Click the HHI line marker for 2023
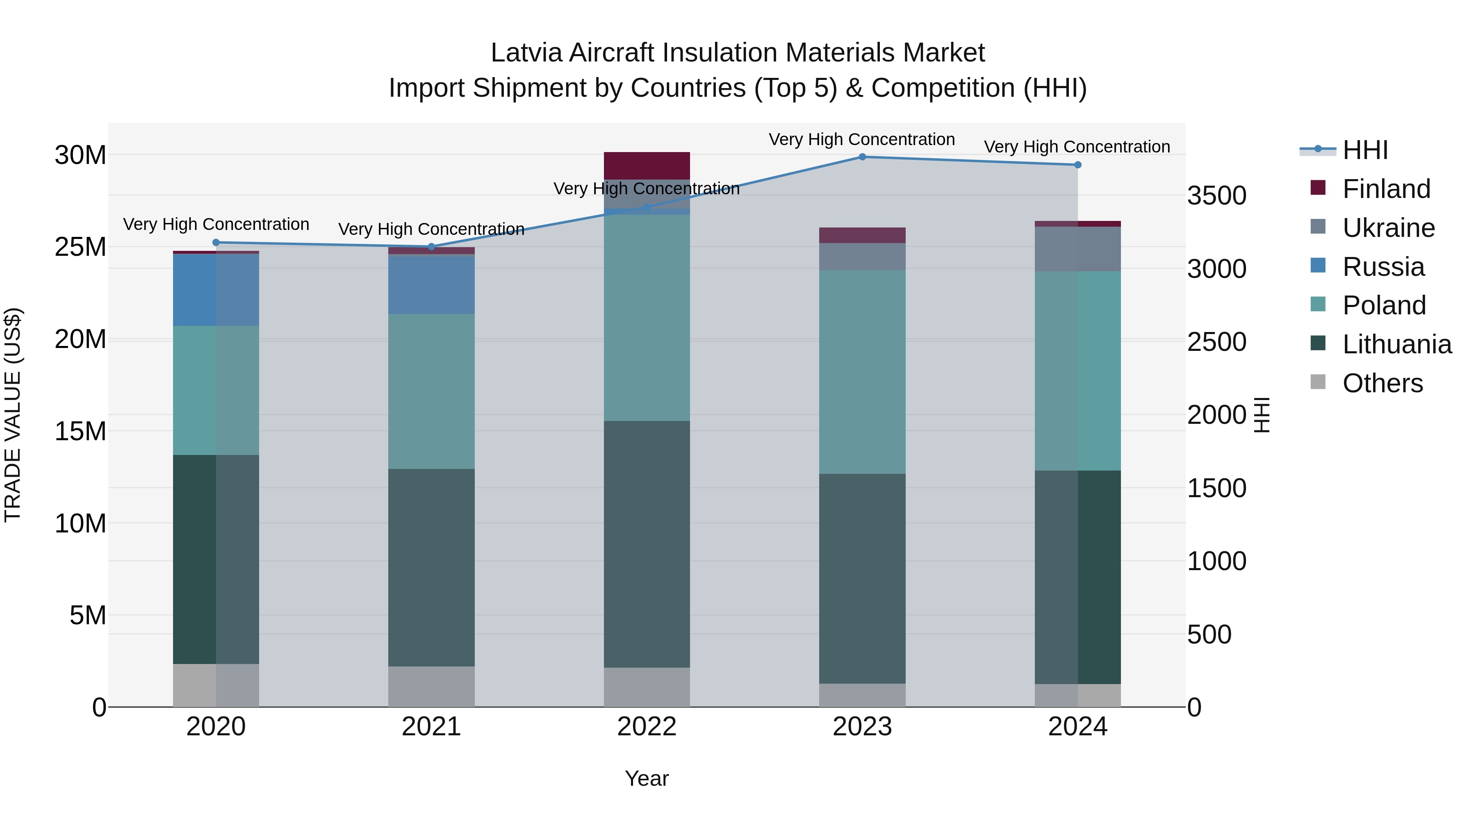(862, 157)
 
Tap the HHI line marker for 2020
(216, 242)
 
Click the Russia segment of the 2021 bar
(431, 284)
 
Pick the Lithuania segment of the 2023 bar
(862, 578)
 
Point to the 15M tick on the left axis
(80, 431)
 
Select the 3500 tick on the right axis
(1216, 196)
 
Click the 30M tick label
(80, 155)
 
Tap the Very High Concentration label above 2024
(1077, 147)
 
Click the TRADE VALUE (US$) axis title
(13, 415)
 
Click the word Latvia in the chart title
(526, 53)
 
